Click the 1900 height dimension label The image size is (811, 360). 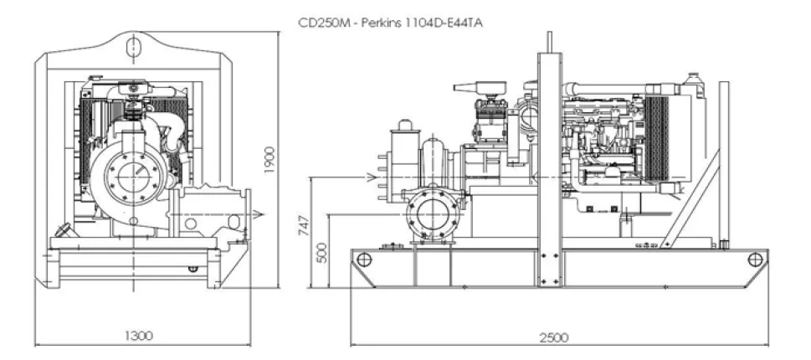[269, 160]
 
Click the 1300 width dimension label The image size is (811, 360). [139, 336]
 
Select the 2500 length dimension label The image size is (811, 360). [554, 337]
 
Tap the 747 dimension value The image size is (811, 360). [305, 225]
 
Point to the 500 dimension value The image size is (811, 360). [322, 252]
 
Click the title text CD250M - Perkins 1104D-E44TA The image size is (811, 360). [391, 23]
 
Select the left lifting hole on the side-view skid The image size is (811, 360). [364, 260]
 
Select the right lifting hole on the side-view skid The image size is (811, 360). [755, 260]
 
